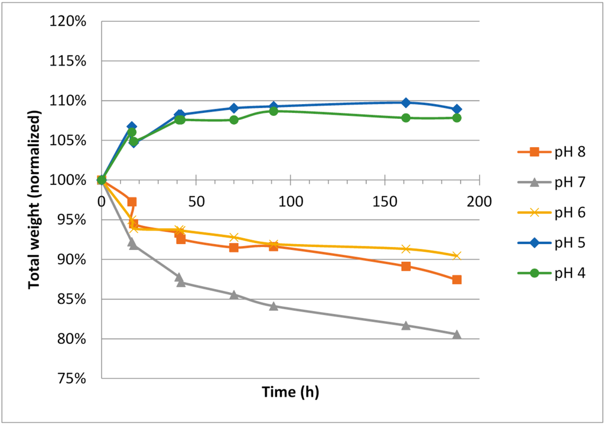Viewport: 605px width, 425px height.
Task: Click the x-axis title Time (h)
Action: [290, 391]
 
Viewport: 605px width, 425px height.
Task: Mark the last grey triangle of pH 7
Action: [457, 334]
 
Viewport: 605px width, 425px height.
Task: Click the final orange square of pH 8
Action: [457, 280]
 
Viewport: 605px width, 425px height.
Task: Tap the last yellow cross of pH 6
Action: [457, 255]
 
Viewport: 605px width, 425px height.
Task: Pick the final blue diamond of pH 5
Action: [457, 109]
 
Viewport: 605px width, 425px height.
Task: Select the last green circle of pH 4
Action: [457, 118]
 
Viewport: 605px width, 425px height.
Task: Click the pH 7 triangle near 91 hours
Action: [274, 306]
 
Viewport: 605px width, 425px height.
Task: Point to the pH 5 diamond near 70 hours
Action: [234, 108]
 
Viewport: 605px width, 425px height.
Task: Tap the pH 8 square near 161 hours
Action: [406, 266]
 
